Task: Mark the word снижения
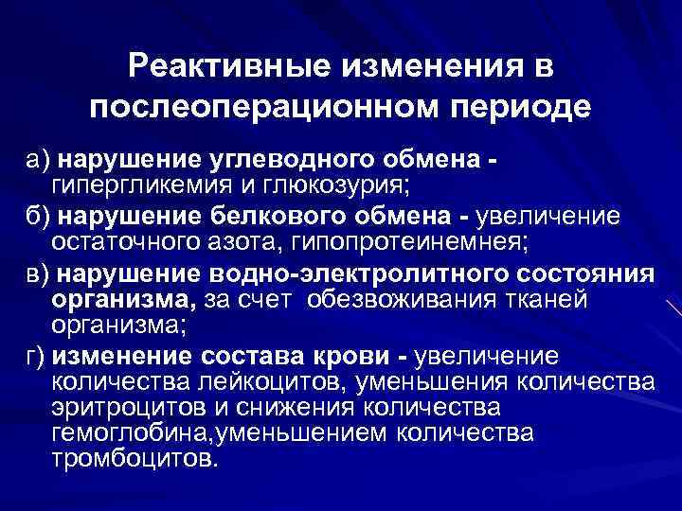[268, 409]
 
